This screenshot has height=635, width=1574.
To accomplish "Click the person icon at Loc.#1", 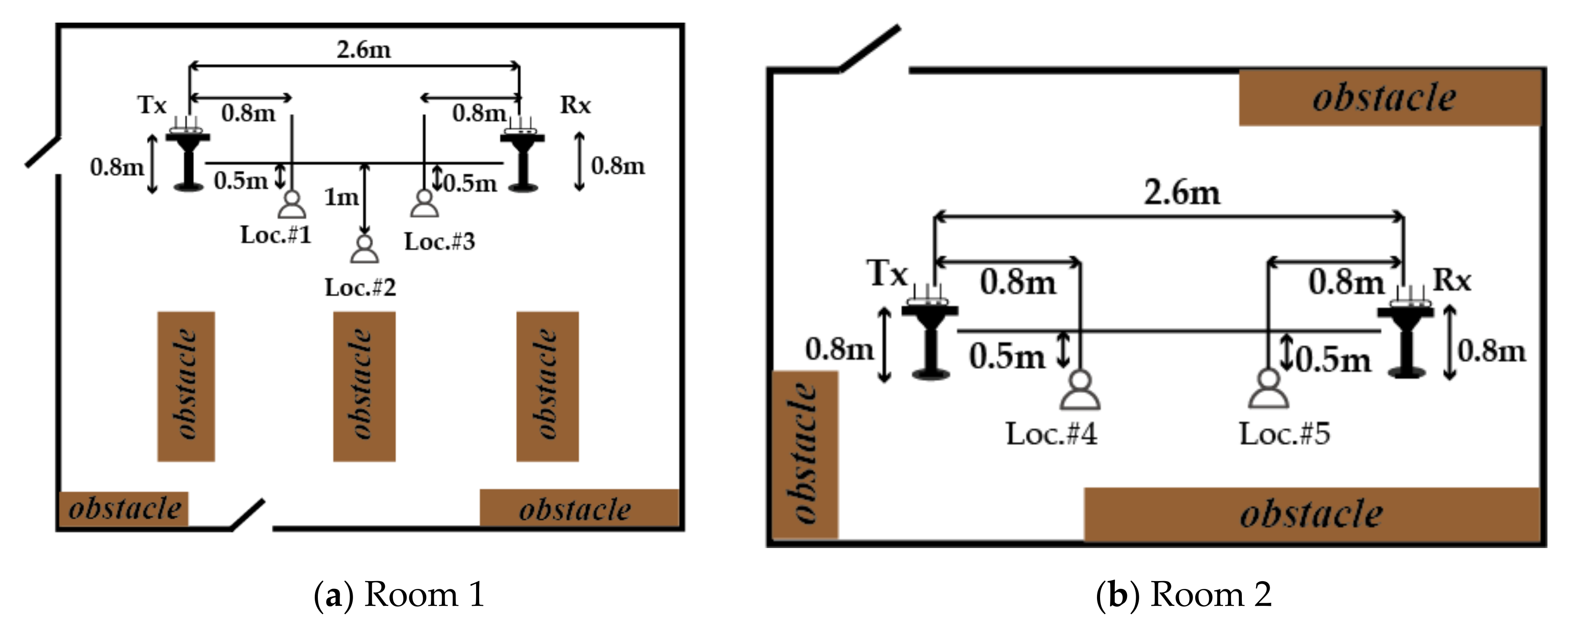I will pos(291,205).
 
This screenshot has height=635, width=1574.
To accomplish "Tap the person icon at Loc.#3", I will pos(424,204).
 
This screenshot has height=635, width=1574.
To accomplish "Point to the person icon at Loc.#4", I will pos(1080,391).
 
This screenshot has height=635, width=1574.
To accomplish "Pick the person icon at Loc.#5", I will pos(1268,389).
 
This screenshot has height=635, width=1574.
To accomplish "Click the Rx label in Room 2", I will pos(1452,281).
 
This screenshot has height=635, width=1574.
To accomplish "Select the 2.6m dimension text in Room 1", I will pos(363,50).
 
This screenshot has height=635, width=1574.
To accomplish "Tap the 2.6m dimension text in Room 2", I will pos(1182,193).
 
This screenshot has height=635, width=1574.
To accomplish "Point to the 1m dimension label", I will pos(341,197).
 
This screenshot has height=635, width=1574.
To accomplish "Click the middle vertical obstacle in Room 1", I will pos(364,386).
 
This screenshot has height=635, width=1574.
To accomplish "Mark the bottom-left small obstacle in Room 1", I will pos(124,508).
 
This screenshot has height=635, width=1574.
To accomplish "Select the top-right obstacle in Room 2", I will pos(1388,98).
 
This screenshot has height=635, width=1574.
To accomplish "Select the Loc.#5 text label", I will pos(1284,434).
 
